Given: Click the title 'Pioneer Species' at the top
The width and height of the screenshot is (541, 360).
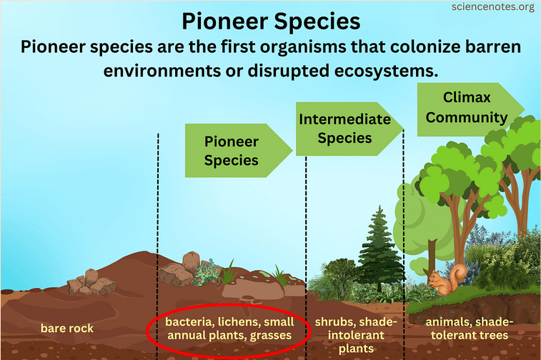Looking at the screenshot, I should (x=270, y=21).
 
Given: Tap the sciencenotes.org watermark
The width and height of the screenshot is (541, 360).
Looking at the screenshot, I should (x=493, y=8).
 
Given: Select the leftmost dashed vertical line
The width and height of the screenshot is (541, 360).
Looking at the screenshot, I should (x=158, y=214).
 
